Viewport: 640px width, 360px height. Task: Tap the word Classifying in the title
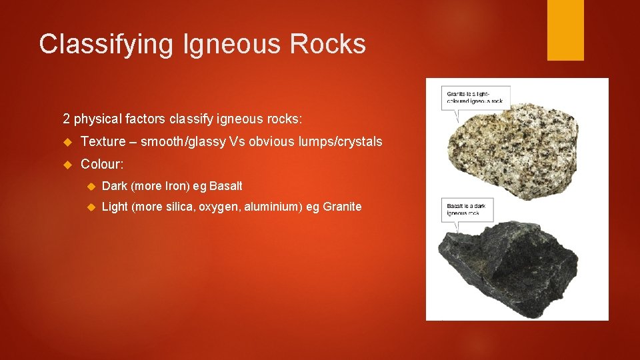point(105,45)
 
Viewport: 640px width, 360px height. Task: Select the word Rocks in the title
point(328,45)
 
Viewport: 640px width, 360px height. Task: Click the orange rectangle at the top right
point(565,30)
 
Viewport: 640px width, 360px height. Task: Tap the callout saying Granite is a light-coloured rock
point(475,97)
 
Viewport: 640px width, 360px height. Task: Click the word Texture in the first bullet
point(103,141)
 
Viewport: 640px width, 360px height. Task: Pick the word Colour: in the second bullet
point(103,163)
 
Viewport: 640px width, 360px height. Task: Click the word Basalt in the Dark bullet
point(226,186)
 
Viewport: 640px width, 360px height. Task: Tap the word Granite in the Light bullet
point(342,207)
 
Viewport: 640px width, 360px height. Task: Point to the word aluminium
point(274,207)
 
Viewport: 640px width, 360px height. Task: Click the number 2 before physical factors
point(66,119)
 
